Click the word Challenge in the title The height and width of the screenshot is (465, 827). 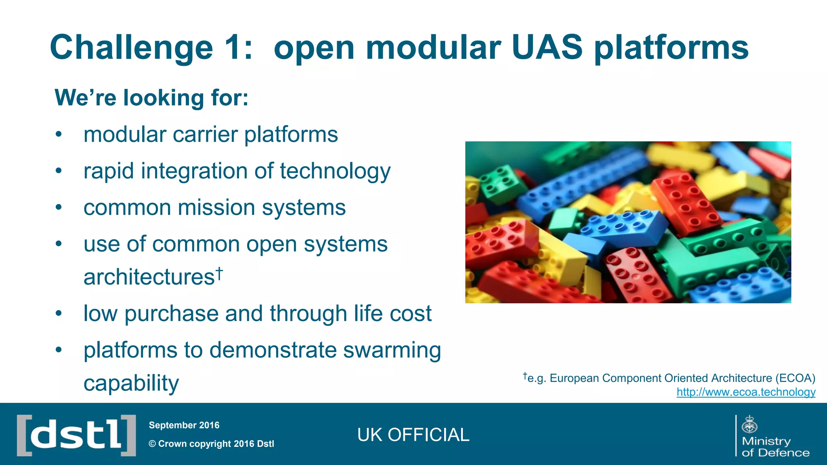[x=131, y=48]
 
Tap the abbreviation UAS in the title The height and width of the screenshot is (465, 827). [x=547, y=48]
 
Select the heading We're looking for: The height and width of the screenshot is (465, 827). [x=151, y=98]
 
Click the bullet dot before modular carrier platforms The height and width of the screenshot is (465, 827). [x=59, y=134]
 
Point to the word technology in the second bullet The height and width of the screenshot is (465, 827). [x=335, y=171]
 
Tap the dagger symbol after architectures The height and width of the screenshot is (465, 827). [x=219, y=273]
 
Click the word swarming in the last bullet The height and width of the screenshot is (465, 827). [x=392, y=350]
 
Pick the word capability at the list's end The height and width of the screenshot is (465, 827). [x=131, y=383]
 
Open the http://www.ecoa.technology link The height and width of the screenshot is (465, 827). [x=746, y=392]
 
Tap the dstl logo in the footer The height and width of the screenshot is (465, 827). [x=76, y=435]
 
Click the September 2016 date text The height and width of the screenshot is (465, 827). [x=184, y=425]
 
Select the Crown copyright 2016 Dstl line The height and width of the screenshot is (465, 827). [x=211, y=444]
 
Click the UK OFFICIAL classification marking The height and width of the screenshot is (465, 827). [x=413, y=435]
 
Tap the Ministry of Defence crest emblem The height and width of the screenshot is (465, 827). [x=749, y=425]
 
